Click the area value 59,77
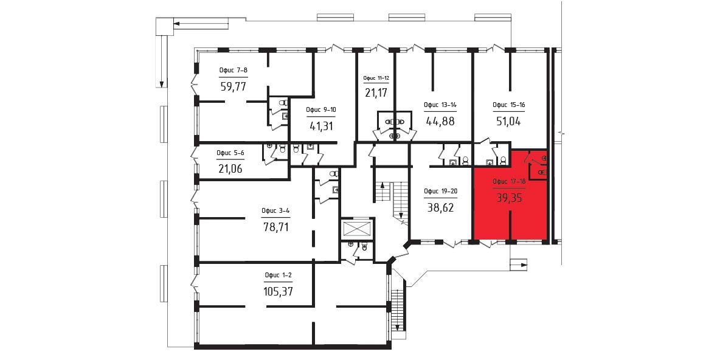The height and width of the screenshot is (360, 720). pyautogui.click(x=234, y=86)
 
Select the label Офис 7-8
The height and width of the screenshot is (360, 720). pyautogui.click(x=234, y=71)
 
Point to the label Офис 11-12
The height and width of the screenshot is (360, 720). pyautogui.click(x=376, y=78)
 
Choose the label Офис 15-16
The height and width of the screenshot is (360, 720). pyautogui.click(x=509, y=105)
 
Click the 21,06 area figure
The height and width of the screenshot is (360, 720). pyautogui.click(x=230, y=168)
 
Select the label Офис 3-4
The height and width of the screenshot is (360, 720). pyautogui.click(x=275, y=211)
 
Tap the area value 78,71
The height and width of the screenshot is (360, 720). pyautogui.click(x=276, y=227)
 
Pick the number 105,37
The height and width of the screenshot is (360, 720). pyautogui.click(x=279, y=291)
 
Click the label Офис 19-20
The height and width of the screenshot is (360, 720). pyautogui.click(x=440, y=192)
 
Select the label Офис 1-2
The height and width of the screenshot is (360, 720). pyautogui.click(x=279, y=275)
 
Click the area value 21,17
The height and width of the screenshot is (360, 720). pyautogui.click(x=376, y=93)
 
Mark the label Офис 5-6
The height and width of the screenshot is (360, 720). pyautogui.click(x=230, y=153)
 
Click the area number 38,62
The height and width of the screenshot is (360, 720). pyautogui.click(x=440, y=207)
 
